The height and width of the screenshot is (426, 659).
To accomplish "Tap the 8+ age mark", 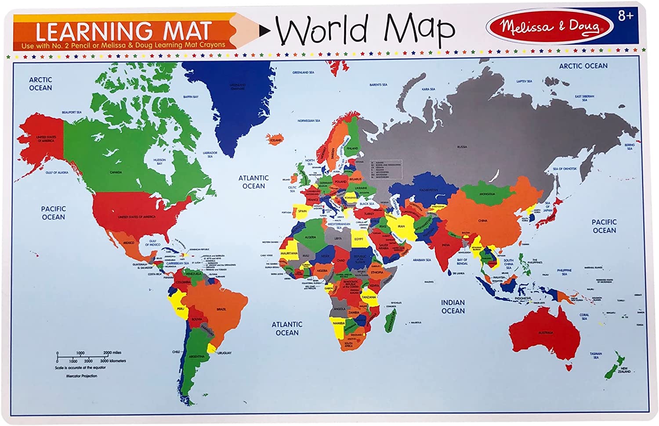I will click(x=626, y=16).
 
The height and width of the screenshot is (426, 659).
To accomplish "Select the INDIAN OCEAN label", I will click(x=453, y=307).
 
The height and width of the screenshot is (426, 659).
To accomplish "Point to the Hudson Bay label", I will click(x=159, y=162).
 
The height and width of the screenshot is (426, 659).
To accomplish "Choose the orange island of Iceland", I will click(x=275, y=139).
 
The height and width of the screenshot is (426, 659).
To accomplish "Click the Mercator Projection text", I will click(x=82, y=376).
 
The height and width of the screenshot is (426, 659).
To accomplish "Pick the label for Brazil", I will click(x=222, y=309).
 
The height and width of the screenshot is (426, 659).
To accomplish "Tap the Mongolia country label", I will click(x=487, y=194).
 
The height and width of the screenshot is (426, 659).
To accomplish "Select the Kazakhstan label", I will click(x=428, y=190).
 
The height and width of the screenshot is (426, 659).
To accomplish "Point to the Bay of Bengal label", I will click(x=462, y=261).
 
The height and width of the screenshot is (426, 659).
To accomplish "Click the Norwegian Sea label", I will click(x=309, y=121).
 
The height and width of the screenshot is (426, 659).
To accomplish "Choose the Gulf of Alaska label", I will click(x=57, y=172).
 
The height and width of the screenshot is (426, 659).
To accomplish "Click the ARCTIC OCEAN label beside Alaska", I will click(x=40, y=84).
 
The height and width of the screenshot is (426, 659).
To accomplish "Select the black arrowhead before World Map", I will click(x=265, y=30).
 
